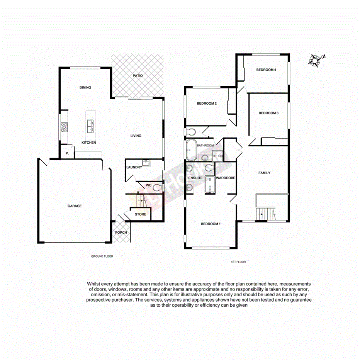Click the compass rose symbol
click(316, 60)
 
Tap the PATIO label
click(138, 76)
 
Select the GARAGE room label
click(75, 206)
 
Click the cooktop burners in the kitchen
click(63, 126)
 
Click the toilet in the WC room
click(156, 187)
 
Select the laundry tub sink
click(146, 162)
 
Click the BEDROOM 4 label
click(266, 70)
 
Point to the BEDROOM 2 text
click(206, 104)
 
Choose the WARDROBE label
click(226, 178)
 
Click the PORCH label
click(121, 233)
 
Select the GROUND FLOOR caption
click(102, 256)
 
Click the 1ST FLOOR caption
click(238, 262)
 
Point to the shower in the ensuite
click(209, 184)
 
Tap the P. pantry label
click(67, 154)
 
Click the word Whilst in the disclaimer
click(94, 284)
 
